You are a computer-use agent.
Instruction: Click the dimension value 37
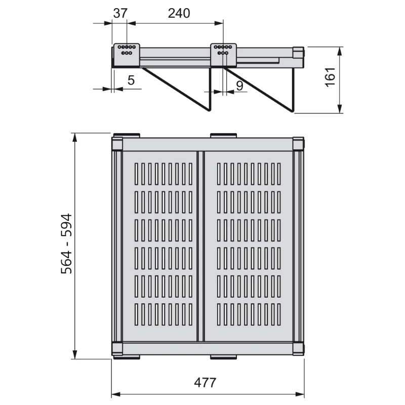click(120, 13)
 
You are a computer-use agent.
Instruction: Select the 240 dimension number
click(179, 13)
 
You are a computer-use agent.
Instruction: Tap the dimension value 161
click(330, 77)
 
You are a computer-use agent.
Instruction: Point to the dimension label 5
click(131, 80)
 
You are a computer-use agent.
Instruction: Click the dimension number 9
click(239, 86)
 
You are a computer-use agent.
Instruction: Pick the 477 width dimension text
click(205, 383)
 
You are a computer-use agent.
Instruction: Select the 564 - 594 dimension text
click(66, 244)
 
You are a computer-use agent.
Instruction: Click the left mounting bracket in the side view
click(127, 55)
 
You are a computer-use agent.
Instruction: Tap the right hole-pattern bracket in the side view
click(223, 55)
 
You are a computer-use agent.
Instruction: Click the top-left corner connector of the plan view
click(117, 144)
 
